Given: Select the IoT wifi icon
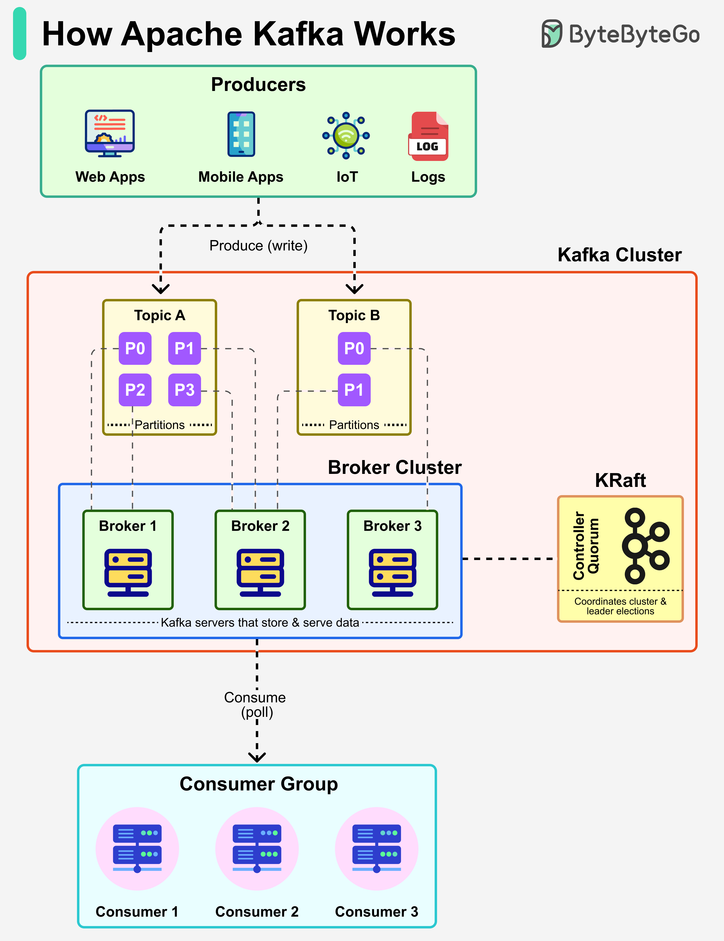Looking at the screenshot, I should [x=346, y=135].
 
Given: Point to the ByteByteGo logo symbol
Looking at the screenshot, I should [x=552, y=34].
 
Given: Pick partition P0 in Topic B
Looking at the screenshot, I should [x=354, y=348].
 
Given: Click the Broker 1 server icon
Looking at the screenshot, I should [x=128, y=572].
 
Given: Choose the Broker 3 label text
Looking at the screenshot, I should [x=392, y=526].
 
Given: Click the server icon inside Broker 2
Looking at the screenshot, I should [x=260, y=572].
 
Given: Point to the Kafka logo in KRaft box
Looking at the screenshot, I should [x=645, y=546].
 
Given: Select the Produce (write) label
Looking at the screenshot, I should [x=258, y=246].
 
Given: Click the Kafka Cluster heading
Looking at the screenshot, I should [x=619, y=255].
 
